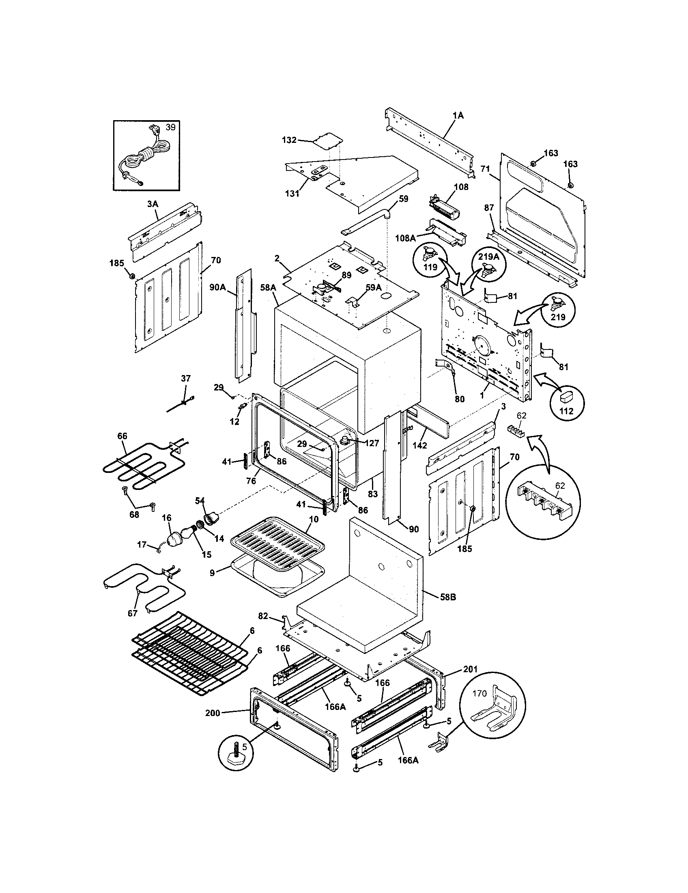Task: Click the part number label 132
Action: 289,140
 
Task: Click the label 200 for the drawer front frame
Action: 213,713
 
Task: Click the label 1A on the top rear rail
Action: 458,116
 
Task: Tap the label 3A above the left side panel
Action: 153,204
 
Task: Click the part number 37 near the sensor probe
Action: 185,379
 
